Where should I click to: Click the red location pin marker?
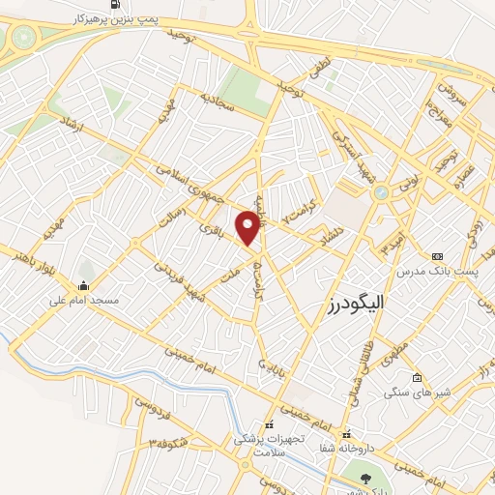point(250,226)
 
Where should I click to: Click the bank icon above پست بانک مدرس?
point(438,255)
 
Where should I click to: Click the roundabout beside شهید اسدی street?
point(381,192)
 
